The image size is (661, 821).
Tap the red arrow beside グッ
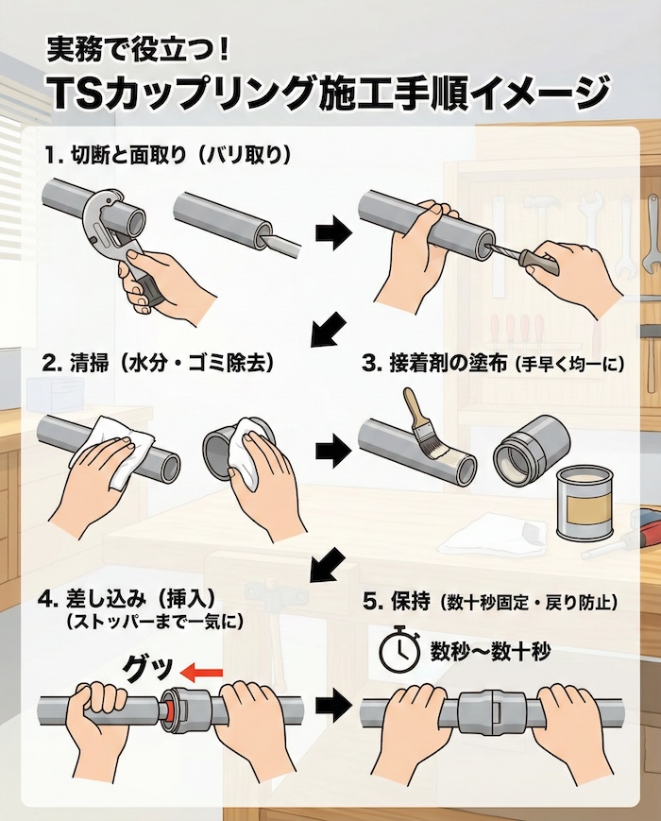click(201, 673)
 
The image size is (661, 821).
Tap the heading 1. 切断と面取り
click(165, 153)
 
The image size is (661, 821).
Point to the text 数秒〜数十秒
click(490, 651)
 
